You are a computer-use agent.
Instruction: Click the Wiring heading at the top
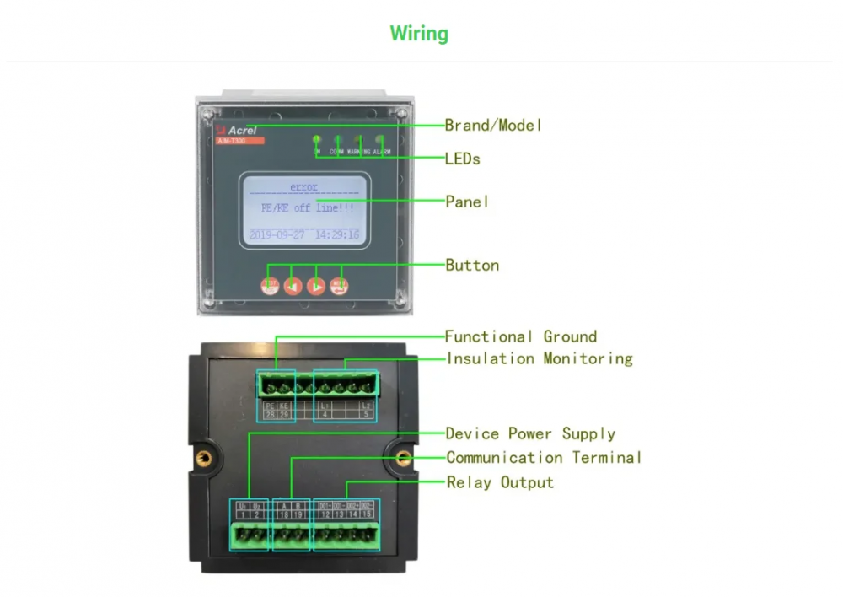tap(419, 34)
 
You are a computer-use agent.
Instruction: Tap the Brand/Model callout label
tap(493, 126)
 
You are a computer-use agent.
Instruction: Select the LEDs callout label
tap(463, 159)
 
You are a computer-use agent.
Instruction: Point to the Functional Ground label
tap(521, 336)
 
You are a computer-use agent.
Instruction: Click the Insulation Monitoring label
tap(540, 358)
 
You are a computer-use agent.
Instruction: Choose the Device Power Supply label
tap(530, 433)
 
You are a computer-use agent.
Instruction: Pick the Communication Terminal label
tap(544, 458)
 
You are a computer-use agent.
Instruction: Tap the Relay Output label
tap(500, 482)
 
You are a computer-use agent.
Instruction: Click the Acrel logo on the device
tap(241, 130)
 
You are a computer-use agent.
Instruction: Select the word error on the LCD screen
tap(303, 186)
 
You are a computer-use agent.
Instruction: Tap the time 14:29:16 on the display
tap(337, 235)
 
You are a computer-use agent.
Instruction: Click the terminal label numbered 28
tap(270, 414)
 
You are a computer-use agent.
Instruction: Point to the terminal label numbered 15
tap(367, 514)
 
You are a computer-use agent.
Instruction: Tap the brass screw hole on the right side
tap(404, 458)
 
